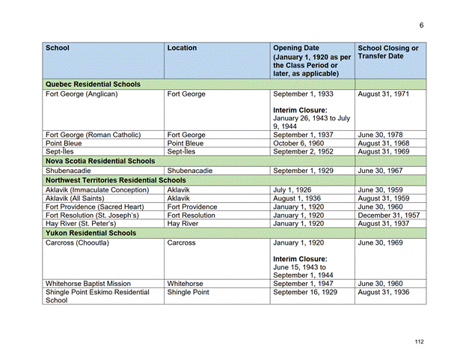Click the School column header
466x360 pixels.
pyautogui.click(x=58, y=48)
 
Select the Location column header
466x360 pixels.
pyautogui.click(x=183, y=48)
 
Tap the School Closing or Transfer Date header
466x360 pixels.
pyautogui.click(x=388, y=52)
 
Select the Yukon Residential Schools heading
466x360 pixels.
pyautogui.click(x=91, y=234)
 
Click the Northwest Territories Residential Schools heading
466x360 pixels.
pyautogui.click(x=116, y=180)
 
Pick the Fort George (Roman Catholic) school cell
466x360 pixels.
pyautogui.click(x=93, y=135)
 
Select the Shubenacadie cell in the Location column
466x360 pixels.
pyautogui.click(x=190, y=171)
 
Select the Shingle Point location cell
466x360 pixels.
pyautogui.click(x=188, y=293)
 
